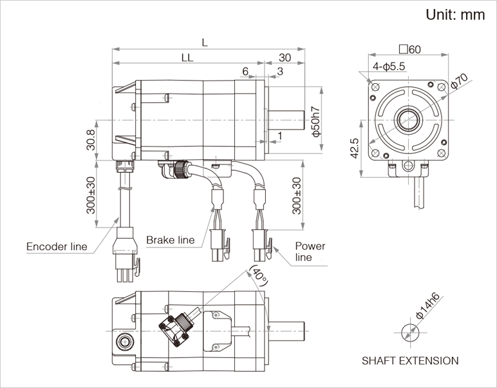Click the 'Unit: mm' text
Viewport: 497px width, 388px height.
coord(455,15)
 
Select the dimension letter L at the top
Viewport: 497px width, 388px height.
coord(204,43)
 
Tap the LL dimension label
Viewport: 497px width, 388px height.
coord(187,57)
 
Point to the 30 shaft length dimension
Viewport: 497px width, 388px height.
coord(284,57)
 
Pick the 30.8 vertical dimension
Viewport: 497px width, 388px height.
coord(91,141)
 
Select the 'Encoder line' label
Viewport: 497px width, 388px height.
coord(56,246)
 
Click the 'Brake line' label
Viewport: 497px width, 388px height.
coord(170,240)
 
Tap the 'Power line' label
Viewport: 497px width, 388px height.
coord(309,251)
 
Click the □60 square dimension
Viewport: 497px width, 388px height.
coord(409,50)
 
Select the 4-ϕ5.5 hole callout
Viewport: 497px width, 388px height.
coord(389,66)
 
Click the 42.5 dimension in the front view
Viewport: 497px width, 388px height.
coord(353,148)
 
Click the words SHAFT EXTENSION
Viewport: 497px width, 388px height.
coord(410,361)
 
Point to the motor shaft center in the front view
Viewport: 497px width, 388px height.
coord(408,119)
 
